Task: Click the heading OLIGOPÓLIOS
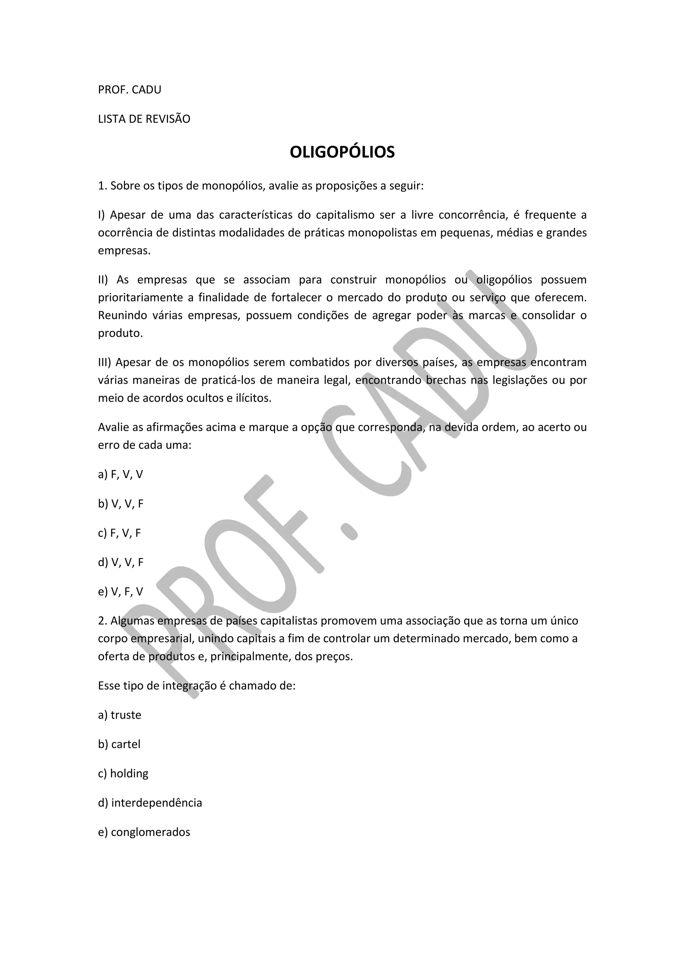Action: pyautogui.click(x=342, y=152)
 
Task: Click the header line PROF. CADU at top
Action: pyautogui.click(x=129, y=90)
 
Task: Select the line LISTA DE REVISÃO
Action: pyautogui.click(x=144, y=119)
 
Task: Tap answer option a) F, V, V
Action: pyautogui.click(x=121, y=474)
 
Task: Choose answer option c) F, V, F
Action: pyautogui.click(x=119, y=533)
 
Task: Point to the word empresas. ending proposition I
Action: pyautogui.click(x=124, y=251)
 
